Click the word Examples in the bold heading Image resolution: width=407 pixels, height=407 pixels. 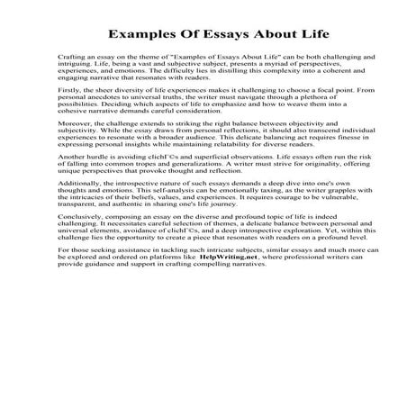click(145, 37)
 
